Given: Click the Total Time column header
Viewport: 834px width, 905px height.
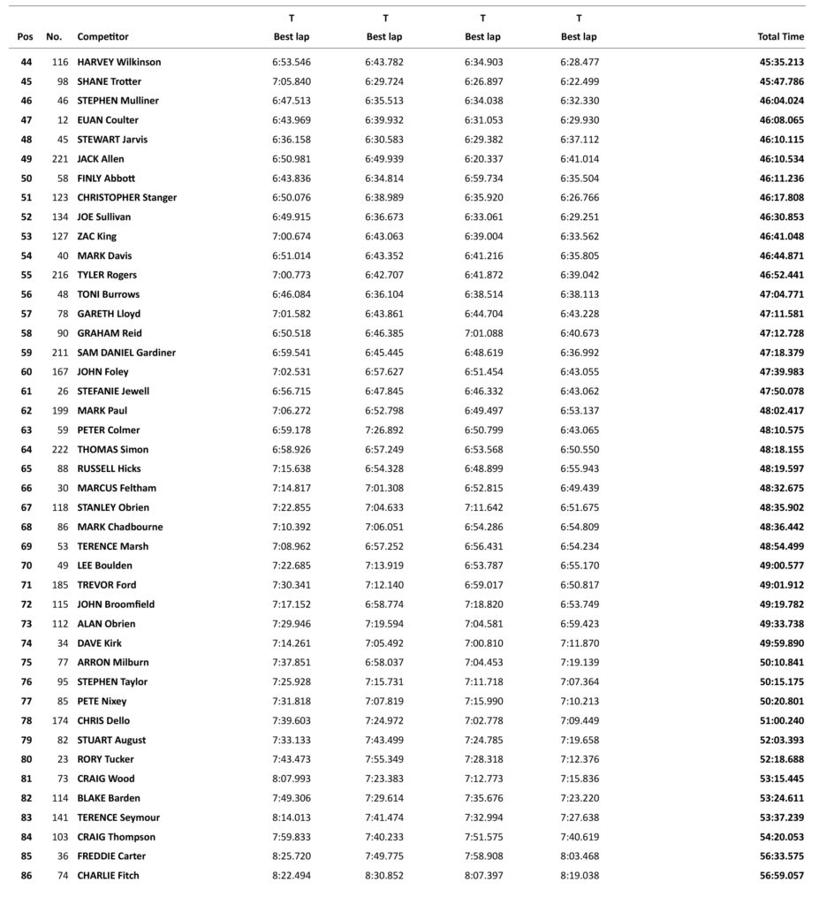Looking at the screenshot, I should tap(780, 37).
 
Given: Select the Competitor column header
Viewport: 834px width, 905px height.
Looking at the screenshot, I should tap(102, 37).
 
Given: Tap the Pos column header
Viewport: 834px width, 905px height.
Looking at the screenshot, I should tap(26, 37).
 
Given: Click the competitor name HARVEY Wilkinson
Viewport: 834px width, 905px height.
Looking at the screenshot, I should tap(118, 63).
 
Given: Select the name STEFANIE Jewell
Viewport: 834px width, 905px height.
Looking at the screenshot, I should tap(113, 392).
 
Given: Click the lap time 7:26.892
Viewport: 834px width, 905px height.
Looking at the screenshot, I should tap(384, 430).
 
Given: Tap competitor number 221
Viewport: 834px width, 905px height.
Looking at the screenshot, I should tap(58, 159).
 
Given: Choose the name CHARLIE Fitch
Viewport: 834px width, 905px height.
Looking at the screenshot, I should tap(108, 876).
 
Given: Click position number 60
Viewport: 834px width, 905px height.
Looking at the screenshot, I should tap(26, 372).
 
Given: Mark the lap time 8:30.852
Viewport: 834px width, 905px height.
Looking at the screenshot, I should tap(384, 876).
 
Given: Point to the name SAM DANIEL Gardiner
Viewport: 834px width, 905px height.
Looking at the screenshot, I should tap(126, 353).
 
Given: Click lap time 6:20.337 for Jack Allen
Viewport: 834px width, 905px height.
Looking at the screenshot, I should tap(482, 159).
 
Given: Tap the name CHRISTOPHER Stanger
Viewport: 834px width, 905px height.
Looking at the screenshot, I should tap(126, 198).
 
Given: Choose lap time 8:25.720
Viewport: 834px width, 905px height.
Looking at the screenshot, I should tap(291, 856).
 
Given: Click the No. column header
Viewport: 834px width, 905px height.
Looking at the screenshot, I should tap(54, 37).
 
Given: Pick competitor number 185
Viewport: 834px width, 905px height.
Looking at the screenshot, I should tap(58, 585).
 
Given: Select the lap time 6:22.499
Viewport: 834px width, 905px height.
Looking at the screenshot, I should tap(579, 82).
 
